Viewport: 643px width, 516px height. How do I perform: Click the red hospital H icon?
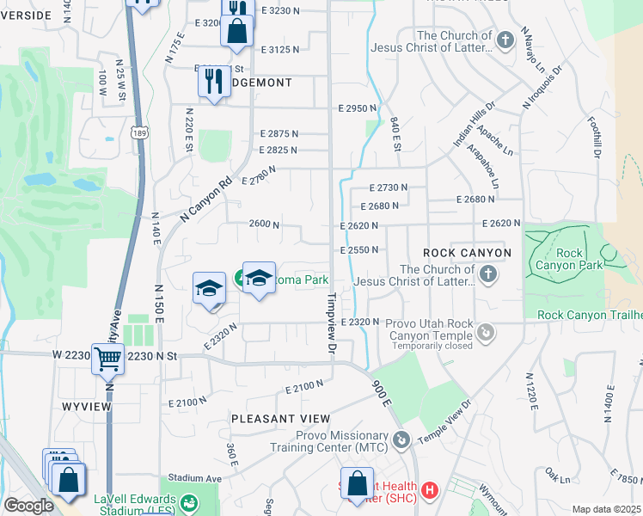coord(430,490)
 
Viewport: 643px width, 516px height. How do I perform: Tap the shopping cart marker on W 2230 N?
coord(108,358)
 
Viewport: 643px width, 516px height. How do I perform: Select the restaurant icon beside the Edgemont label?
coord(213,82)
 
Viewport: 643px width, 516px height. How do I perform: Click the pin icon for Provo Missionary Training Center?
coord(401,440)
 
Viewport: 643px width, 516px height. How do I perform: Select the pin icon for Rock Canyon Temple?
coord(486,330)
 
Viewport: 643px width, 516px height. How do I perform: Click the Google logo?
coord(28,506)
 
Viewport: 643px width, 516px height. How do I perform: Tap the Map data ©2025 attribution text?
coord(606,509)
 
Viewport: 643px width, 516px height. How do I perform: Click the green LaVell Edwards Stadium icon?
coord(191,501)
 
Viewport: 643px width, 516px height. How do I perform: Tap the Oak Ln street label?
coord(558,476)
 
